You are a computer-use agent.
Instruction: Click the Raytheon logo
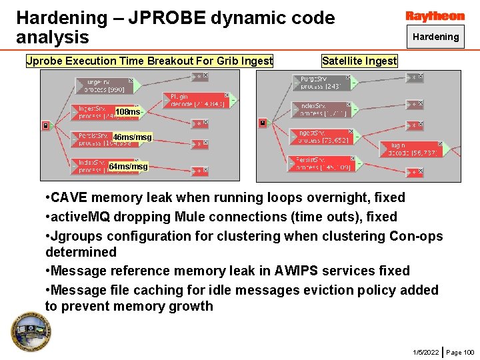coord(435,16)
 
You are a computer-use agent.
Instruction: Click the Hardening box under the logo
coord(435,37)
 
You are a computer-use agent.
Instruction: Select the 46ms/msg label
coord(132,137)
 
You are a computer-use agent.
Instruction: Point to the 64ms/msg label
coord(128,166)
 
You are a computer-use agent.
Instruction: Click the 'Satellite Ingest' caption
coord(359,61)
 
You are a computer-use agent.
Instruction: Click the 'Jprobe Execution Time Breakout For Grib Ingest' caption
coord(149,61)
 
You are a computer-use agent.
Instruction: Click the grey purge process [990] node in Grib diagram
coord(103,85)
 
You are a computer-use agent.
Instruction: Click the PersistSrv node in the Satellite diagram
coord(321,163)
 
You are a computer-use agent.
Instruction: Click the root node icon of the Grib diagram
coord(45,125)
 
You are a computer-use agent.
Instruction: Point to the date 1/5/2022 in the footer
coord(425,352)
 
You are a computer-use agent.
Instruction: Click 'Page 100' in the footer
coord(460,352)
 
